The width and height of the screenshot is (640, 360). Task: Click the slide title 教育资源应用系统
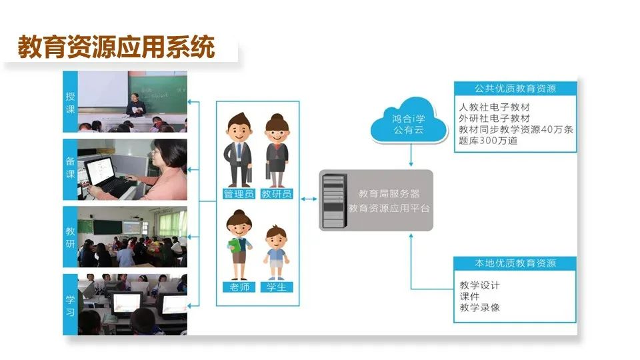click(x=116, y=48)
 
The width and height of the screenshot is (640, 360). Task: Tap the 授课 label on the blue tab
click(x=71, y=102)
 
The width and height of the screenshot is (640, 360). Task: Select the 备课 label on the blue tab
click(x=71, y=169)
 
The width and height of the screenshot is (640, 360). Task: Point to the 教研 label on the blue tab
click(x=71, y=237)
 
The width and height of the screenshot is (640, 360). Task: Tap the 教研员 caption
click(x=277, y=194)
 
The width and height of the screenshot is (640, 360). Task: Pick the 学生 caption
click(x=277, y=287)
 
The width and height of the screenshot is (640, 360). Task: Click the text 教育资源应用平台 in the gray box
click(x=389, y=208)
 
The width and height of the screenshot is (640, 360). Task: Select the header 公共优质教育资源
click(x=515, y=88)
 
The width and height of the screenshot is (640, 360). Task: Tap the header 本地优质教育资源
click(x=515, y=263)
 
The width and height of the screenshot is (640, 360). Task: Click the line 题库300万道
click(x=489, y=141)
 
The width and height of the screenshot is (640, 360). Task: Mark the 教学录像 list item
click(x=480, y=308)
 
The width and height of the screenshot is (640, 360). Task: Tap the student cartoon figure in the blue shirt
click(x=275, y=253)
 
